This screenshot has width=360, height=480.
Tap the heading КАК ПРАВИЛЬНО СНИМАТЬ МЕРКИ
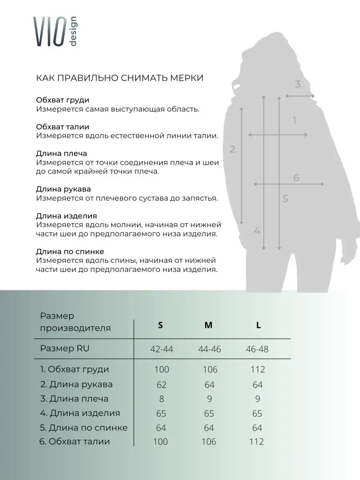(120, 78)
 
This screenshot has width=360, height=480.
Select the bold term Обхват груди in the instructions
(62, 100)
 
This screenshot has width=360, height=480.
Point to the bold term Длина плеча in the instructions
(61, 154)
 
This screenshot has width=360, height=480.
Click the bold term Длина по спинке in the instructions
(70, 252)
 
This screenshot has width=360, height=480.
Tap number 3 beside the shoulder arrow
(298, 84)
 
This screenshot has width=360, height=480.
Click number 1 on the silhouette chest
(294, 120)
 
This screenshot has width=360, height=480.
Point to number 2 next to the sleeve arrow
(232, 150)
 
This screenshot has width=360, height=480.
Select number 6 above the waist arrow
(296, 178)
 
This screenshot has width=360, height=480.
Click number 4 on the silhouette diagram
(257, 231)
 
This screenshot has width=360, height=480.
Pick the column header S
(160, 325)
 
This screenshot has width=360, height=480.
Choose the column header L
(258, 325)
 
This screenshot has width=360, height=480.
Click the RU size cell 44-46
(209, 349)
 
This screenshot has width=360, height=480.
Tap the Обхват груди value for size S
(162, 369)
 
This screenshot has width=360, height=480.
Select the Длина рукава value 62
(161, 384)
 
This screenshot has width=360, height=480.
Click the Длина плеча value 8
(161, 399)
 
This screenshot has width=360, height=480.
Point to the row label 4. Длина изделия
(80, 413)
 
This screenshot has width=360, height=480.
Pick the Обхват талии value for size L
(256, 442)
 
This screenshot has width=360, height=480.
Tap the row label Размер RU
(64, 348)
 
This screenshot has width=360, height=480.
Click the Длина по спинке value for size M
(209, 428)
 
